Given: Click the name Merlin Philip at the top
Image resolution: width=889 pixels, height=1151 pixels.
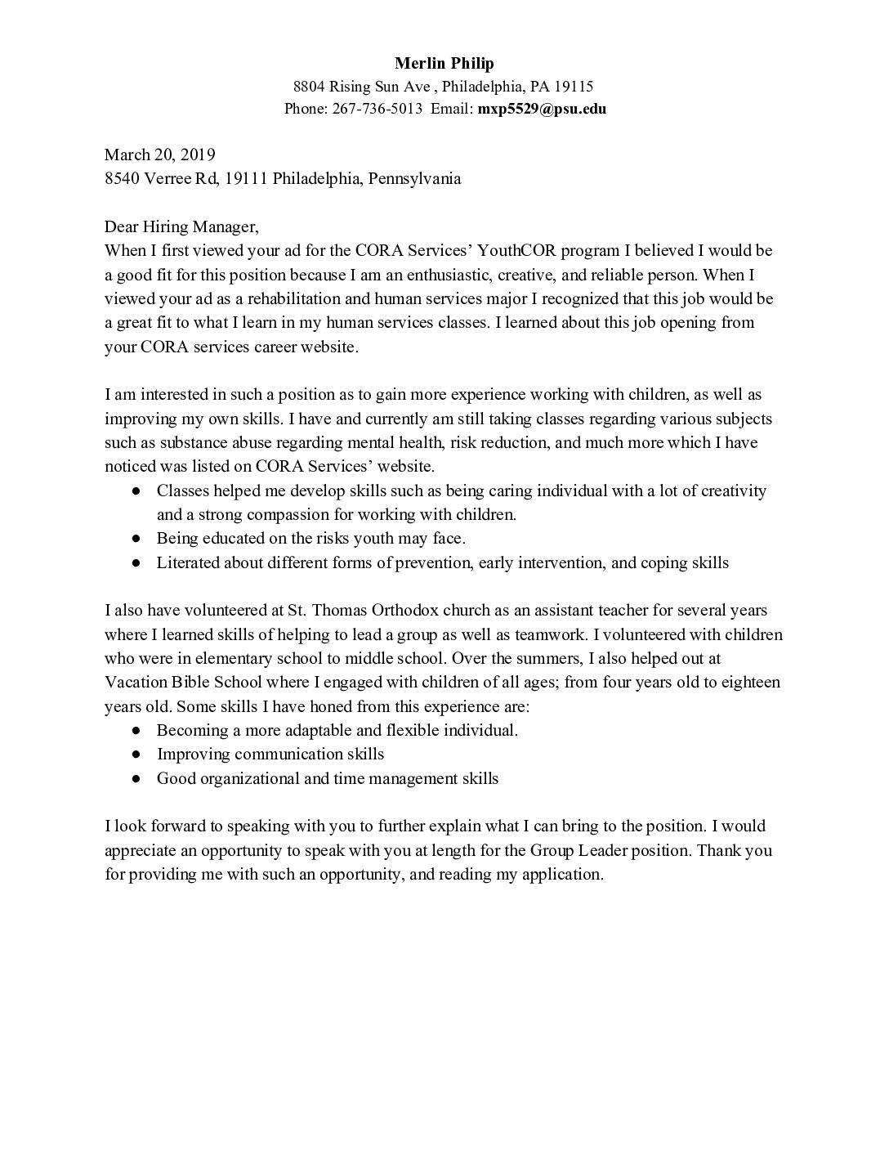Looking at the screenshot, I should [x=444, y=63].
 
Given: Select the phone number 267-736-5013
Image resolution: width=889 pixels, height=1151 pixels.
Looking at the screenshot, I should [x=377, y=109].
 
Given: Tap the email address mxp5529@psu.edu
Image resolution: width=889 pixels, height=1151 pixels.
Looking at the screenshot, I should [x=542, y=109].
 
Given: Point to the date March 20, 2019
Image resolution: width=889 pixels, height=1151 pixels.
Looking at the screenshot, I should [x=160, y=155].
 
